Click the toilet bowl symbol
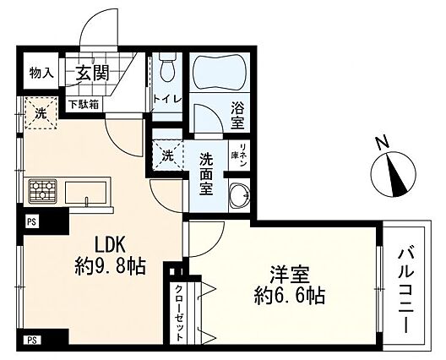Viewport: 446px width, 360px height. [x=166, y=68]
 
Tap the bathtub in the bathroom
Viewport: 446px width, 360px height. [x=220, y=74]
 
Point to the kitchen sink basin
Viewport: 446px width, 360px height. [x=85, y=193]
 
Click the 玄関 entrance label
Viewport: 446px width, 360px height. [x=92, y=73]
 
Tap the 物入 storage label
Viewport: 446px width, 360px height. [x=41, y=74]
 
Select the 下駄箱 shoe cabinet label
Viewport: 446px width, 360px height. [x=84, y=105]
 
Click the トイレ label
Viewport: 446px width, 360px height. [x=167, y=99]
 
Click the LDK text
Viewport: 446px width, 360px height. [x=110, y=245]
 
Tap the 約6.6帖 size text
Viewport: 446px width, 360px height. [x=290, y=297]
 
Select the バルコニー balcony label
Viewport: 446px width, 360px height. [x=407, y=290]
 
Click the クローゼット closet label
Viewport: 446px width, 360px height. [x=179, y=313]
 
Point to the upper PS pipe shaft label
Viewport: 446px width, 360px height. [x=32, y=222]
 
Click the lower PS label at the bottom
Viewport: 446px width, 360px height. [x=32, y=341]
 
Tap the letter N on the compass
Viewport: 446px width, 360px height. [x=383, y=143]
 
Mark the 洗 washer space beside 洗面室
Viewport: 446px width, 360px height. [x=167, y=155]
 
